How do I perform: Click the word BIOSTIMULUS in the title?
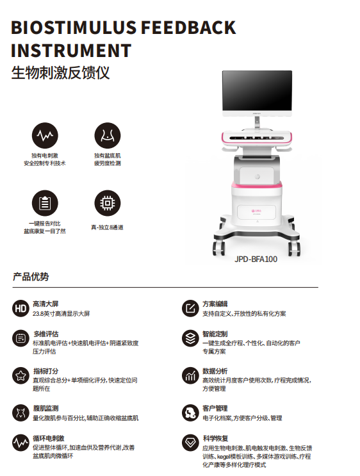[x=74, y=28]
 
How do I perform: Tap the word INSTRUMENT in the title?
[x=71, y=51]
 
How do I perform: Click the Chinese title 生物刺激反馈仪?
[x=60, y=73]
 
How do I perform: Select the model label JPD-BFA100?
[x=256, y=259]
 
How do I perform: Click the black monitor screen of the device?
[x=257, y=91]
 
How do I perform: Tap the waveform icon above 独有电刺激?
[x=45, y=135]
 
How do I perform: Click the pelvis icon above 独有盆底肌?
[x=108, y=135]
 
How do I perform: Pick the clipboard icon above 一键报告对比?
[x=45, y=203]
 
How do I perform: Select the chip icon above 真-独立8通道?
[x=108, y=203]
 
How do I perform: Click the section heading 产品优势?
[x=31, y=277]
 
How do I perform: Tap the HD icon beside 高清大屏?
[x=20, y=309]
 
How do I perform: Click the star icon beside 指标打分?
[x=20, y=376]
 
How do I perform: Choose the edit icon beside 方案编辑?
[x=190, y=309]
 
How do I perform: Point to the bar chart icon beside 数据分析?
[x=190, y=376]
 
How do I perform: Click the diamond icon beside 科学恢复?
[x=190, y=443]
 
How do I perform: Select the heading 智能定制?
[x=215, y=334]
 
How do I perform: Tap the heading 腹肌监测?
[x=45, y=408]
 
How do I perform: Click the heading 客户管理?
[x=215, y=408]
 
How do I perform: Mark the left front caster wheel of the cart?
[x=218, y=248]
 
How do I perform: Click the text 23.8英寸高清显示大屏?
[x=61, y=313]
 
